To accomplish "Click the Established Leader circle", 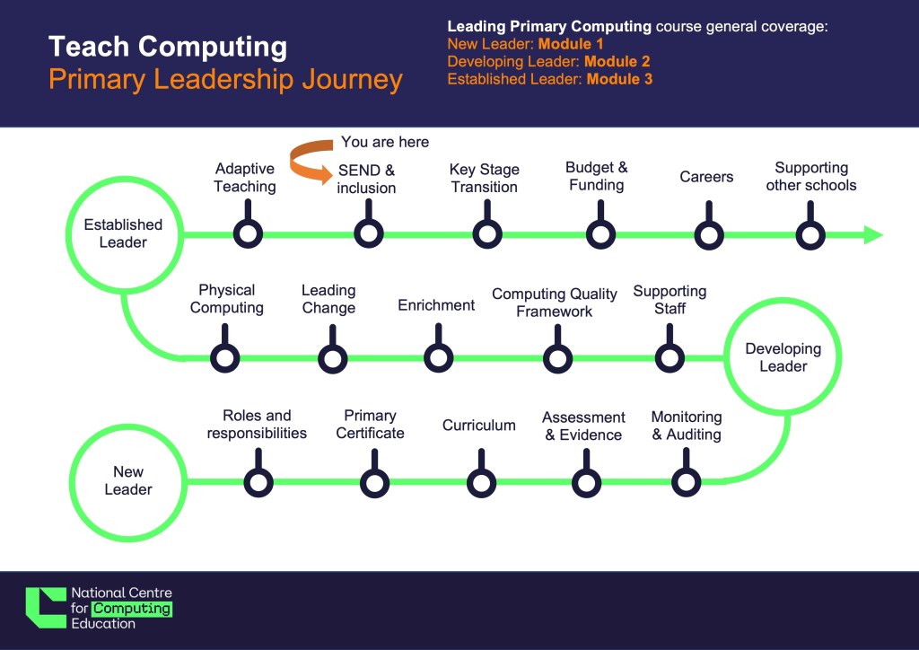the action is point(124,180).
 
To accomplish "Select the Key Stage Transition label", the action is point(484,178).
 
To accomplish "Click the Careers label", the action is point(706,177).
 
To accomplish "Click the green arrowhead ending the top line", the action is point(873,235).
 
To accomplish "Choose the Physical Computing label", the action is point(227,299).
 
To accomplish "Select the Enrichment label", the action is point(436,305).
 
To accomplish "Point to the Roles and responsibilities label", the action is point(257,425).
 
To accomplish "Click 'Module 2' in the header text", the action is point(617,62).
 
